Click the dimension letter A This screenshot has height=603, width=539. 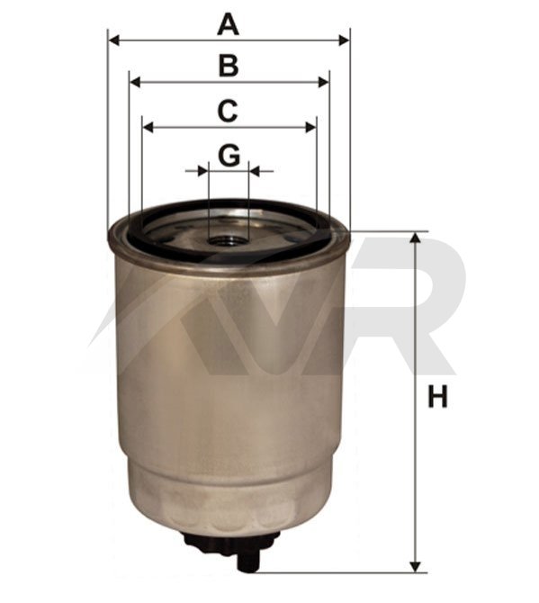coord(228,24)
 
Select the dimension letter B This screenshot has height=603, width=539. coord(229,66)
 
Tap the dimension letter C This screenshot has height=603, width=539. coord(228,111)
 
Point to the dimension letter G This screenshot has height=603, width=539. coord(229,156)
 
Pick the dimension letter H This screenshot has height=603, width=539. coord(437,397)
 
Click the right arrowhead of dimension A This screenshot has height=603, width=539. coord(344,40)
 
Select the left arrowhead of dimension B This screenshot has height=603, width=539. coord(135,82)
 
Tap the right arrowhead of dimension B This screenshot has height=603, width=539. coord(324,82)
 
